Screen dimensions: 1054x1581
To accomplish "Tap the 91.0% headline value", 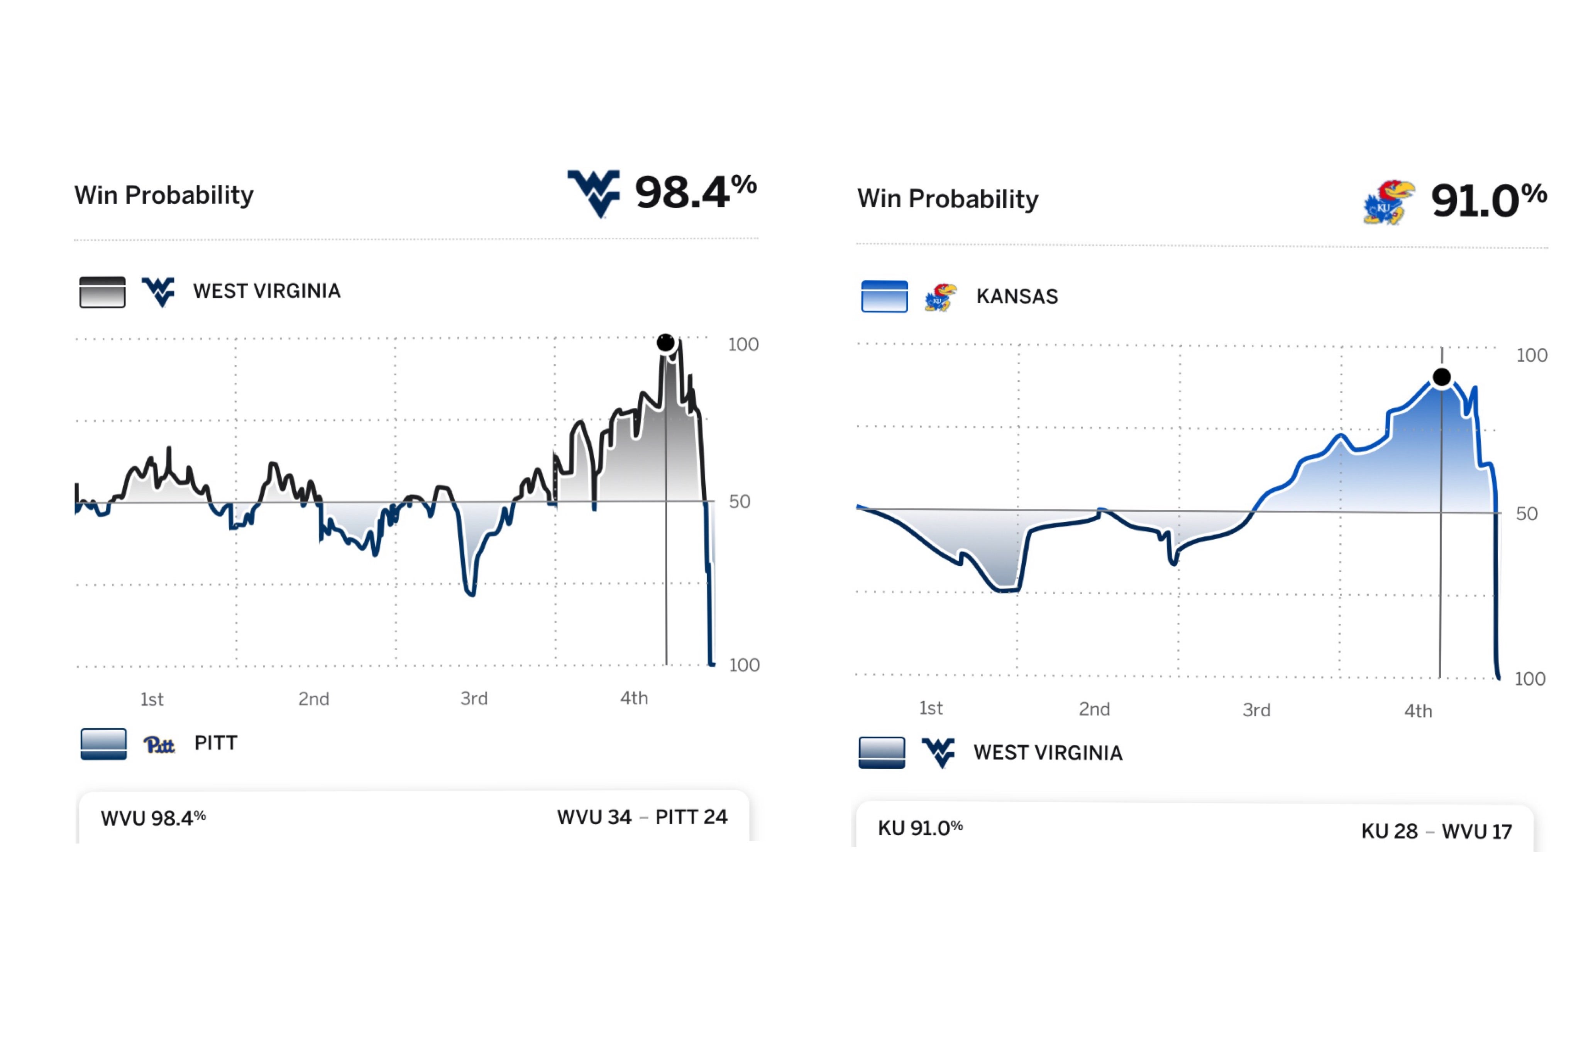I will pos(1488,200).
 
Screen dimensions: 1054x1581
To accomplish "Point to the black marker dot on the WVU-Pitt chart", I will pos(665,343).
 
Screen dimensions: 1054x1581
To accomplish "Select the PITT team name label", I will pos(216,743).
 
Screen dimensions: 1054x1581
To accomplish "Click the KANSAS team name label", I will pos(1017,296).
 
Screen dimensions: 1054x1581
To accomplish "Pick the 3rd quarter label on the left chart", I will pos(474,699).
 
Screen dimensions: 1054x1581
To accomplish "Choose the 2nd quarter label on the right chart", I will pos(1094,709).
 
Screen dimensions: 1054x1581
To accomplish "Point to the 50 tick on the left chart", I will pos(740,501).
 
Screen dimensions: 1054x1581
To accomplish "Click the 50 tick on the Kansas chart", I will pos(1527,514).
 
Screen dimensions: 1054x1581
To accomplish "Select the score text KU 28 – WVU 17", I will pos(1437,831).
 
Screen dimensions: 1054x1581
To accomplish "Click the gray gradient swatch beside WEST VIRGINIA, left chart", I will pos(102,292).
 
